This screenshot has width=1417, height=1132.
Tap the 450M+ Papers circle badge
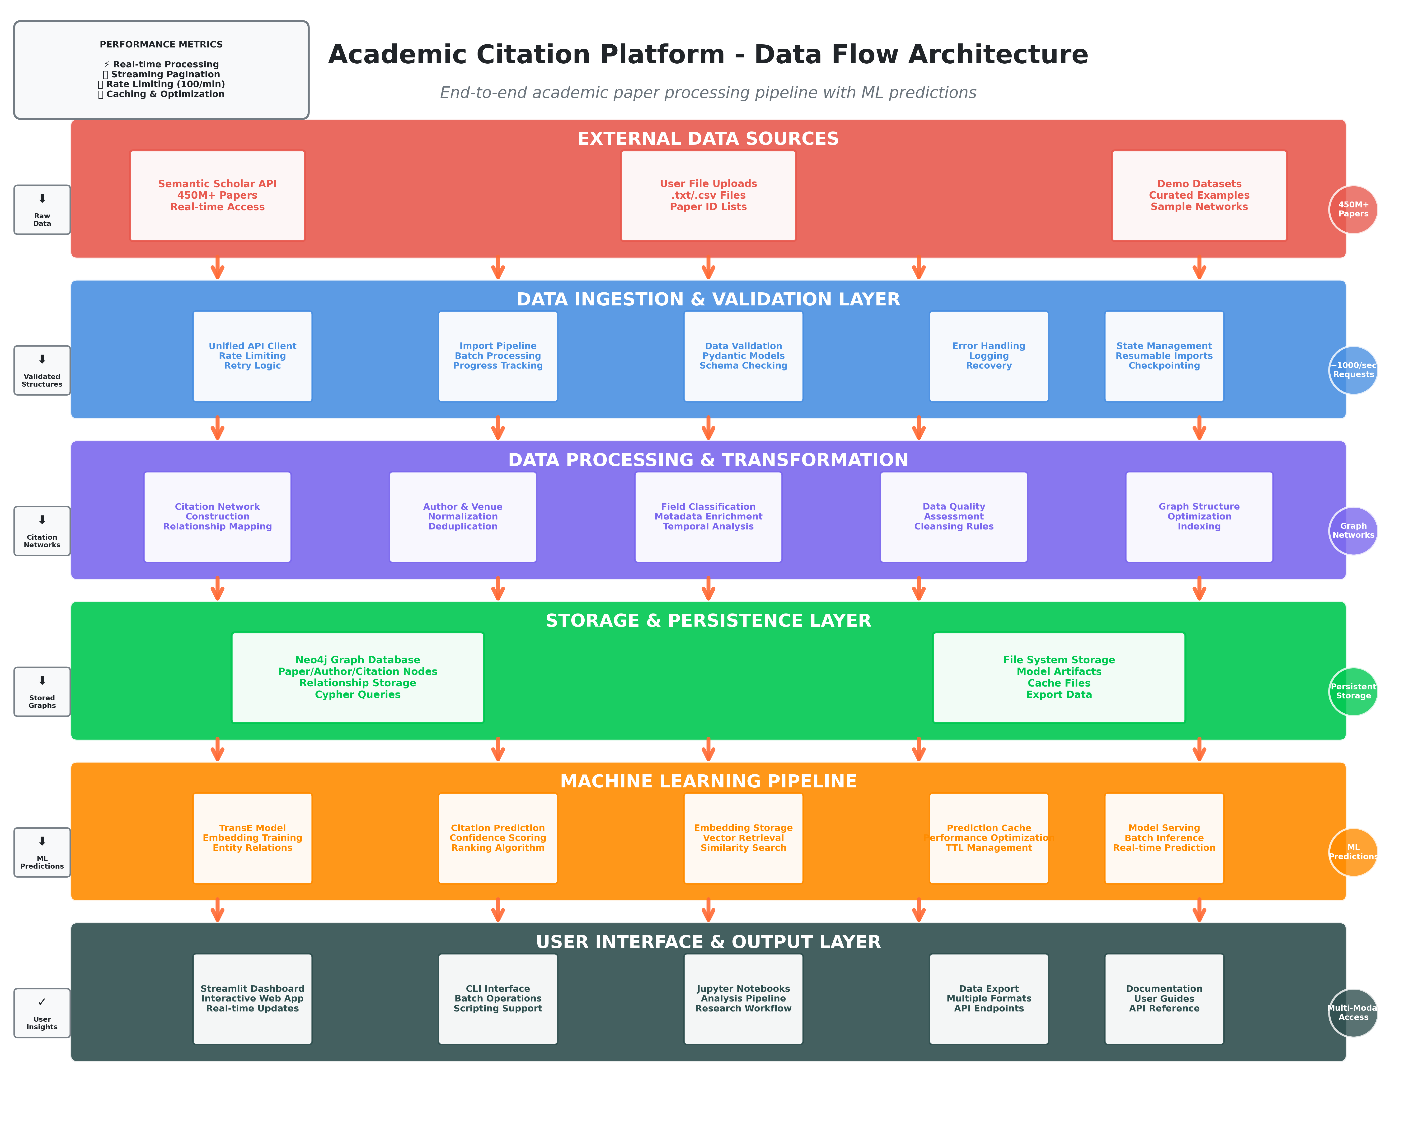pyautogui.click(x=1353, y=209)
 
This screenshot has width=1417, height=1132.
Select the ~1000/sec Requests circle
pyautogui.click(x=1353, y=370)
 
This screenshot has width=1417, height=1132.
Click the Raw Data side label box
pyautogui.click(x=42, y=210)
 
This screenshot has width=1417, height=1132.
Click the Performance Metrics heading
pyautogui.click(x=161, y=45)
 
